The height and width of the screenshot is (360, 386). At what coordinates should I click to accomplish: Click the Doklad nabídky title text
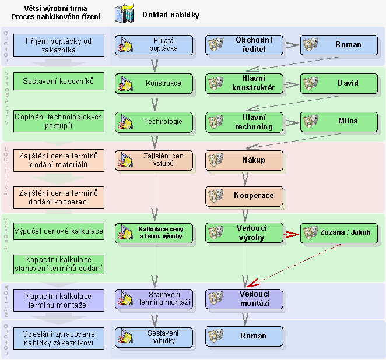[171, 15]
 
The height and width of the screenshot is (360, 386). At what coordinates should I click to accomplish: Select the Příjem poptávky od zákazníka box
[58, 45]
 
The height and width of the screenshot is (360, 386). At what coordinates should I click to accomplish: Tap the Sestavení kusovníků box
[58, 81]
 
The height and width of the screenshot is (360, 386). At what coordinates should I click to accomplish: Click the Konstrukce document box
[154, 83]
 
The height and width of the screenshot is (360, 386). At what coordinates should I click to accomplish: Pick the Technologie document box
[154, 122]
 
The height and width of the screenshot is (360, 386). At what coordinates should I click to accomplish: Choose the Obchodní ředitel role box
[244, 45]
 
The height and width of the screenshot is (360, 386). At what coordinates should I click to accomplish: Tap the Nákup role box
[244, 160]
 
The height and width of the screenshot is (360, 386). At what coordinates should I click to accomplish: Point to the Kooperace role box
[244, 196]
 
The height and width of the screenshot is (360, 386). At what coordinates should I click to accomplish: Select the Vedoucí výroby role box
[244, 232]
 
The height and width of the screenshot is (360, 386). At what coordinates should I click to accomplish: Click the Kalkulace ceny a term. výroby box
[154, 232]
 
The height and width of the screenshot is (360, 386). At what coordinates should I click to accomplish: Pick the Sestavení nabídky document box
[154, 337]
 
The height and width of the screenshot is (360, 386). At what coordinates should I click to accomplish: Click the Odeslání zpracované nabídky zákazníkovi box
[58, 337]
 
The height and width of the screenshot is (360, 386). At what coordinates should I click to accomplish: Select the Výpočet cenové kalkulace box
[58, 231]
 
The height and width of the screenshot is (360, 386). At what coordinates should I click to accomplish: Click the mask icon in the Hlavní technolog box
[216, 122]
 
